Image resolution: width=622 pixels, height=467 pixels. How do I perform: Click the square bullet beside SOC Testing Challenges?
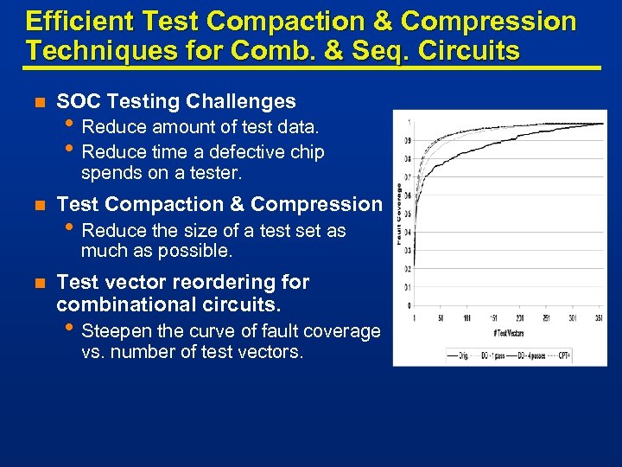click(37, 102)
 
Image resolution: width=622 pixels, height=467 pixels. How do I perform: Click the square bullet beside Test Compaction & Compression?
click(37, 205)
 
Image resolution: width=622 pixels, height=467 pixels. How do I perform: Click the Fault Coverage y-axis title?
click(398, 213)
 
